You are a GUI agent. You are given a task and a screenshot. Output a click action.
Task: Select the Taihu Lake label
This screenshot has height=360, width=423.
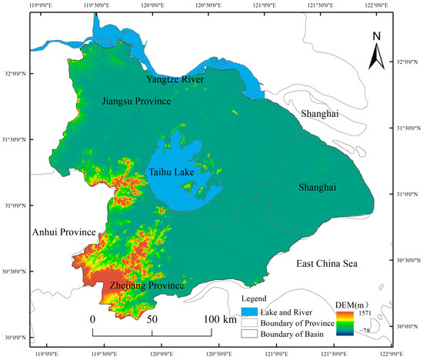pos(170,173)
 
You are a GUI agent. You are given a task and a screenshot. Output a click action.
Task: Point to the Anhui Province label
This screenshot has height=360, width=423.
pos(63,232)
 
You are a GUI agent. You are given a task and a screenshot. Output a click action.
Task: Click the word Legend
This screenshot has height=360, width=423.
pos(254,298)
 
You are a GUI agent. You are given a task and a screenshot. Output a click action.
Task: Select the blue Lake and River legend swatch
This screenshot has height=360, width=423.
pos(251,311)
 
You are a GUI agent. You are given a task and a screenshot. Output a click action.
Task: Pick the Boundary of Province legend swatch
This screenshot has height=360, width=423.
pos(251,322)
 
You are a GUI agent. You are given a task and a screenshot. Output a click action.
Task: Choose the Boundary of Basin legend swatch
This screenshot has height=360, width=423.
pos(251,334)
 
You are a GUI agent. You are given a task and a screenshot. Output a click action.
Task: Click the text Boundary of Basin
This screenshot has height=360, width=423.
pos(293,334)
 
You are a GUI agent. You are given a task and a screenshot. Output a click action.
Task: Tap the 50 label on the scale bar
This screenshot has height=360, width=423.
pos(152,318)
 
